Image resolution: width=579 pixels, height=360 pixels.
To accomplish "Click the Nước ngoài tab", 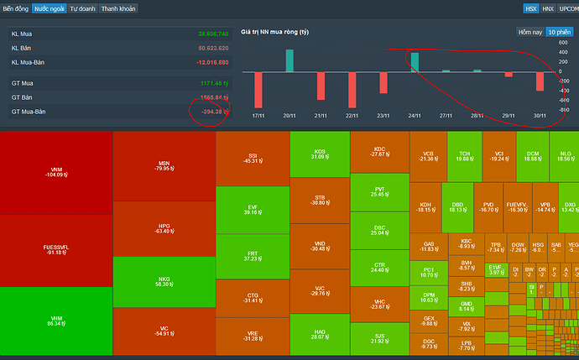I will pos(49,8).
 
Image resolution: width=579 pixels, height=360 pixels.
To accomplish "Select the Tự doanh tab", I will pos(81,8).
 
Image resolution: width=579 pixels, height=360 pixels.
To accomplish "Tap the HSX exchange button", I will pos(530,8).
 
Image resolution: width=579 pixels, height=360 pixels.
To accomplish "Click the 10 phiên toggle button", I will pos(558,32).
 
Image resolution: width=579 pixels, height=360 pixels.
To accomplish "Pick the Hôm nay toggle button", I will pos(530,32).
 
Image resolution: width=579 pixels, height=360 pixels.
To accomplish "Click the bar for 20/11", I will pos(289,60).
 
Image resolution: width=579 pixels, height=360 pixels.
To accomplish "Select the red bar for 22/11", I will pos(352,90).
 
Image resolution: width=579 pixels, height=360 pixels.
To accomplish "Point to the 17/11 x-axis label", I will pos(258,115).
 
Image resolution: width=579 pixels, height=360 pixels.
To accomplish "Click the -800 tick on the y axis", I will pos(563,110).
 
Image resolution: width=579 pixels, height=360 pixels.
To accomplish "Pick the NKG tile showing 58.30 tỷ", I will pos(164,281).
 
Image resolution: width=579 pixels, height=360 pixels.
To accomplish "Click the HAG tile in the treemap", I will pos(320,333).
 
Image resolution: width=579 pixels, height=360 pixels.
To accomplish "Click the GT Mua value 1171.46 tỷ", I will pos(211,83).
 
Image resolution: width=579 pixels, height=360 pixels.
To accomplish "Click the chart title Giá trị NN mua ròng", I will pos(275,32).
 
